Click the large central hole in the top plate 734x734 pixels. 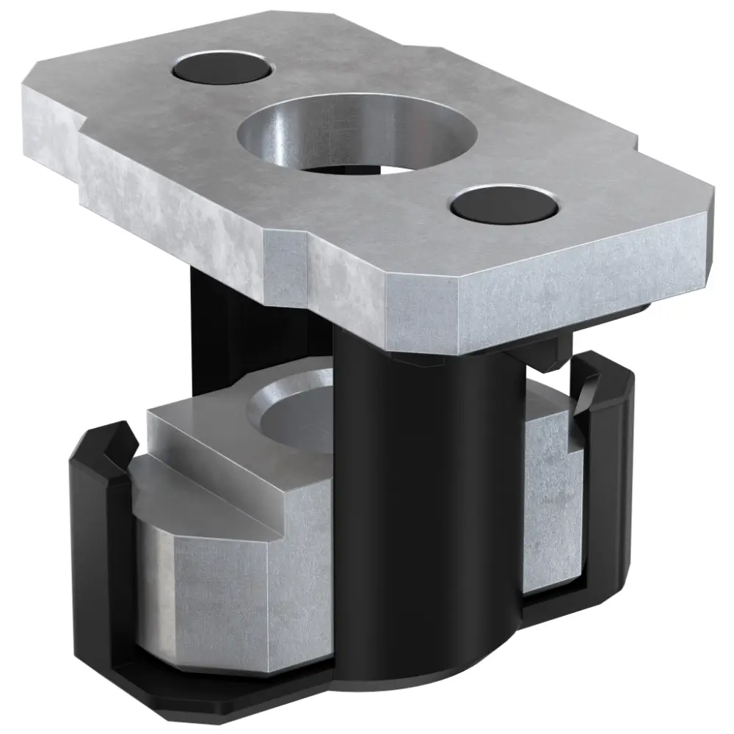tap(357, 136)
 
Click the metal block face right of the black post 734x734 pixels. tap(547, 506)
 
